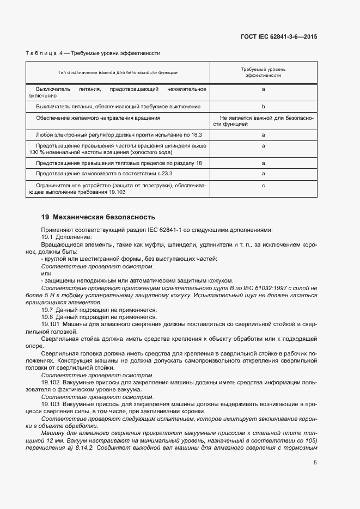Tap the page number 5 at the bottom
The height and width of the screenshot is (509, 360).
[315, 463]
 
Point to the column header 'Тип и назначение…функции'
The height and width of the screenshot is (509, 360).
[118, 72]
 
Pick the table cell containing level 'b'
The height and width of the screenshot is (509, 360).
[263, 107]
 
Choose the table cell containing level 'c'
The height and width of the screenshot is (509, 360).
[263, 186]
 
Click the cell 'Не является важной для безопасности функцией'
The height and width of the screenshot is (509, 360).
[263, 121]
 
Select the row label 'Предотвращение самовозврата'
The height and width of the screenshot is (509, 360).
[104, 174]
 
